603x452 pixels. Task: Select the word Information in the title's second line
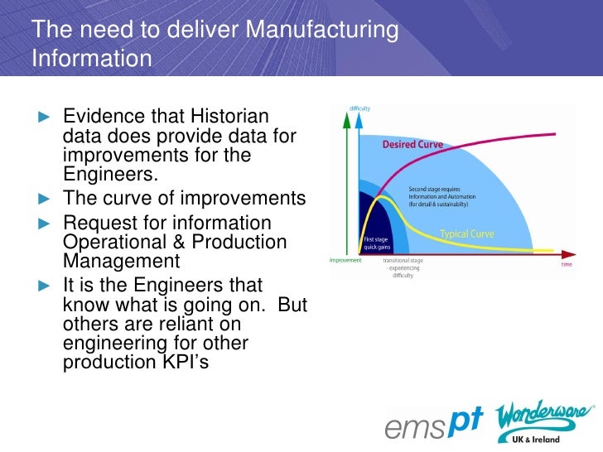(92, 60)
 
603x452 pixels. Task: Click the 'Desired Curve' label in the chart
(412, 144)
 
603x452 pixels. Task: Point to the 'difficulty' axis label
(359, 109)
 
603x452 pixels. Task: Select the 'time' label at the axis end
(567, 265)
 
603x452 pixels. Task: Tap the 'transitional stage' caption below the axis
(403, 260)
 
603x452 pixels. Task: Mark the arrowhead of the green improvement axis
(345, 116)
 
